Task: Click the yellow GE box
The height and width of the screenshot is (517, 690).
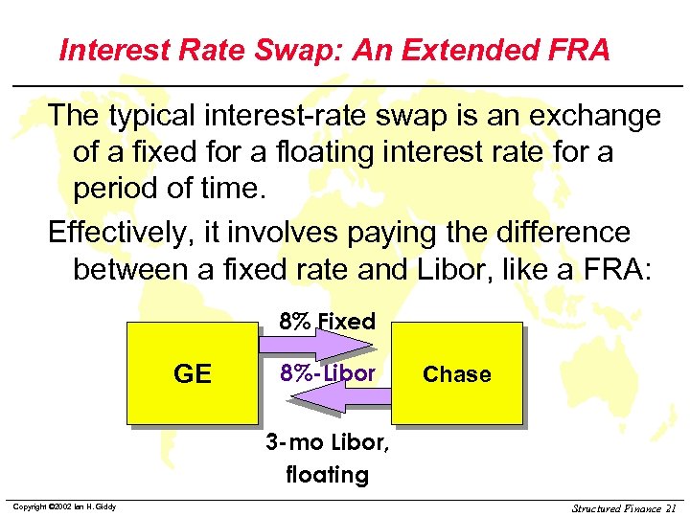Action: click(192, 373)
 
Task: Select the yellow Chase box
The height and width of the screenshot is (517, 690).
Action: click(457, 373)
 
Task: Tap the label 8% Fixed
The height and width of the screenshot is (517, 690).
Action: click(327, 322)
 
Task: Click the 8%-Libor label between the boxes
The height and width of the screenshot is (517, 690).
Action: click(327, 373)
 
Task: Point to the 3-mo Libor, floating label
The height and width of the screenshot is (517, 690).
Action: click(327, 459)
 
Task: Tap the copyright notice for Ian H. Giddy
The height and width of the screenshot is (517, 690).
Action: click(64, 506)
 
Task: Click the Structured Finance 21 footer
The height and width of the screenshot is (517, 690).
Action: click(624, 507)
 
